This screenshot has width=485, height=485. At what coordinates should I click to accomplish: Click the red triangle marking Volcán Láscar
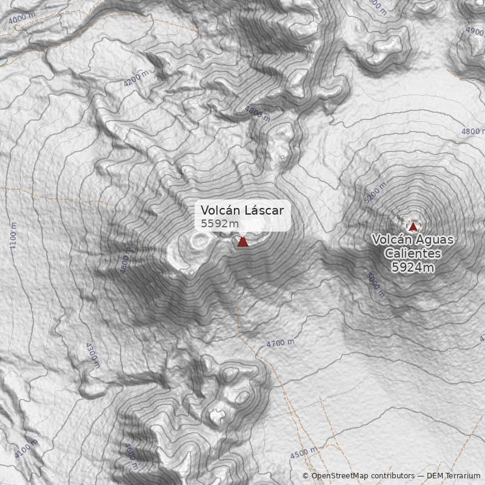tap(242, 241)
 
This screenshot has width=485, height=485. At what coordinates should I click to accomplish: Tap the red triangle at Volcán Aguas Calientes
tap(413, 227)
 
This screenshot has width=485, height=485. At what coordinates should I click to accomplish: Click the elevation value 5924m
tap(412, 267)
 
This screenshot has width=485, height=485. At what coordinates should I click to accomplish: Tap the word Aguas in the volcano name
tap(432, 240)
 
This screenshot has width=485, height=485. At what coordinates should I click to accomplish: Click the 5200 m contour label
tap(374, 193)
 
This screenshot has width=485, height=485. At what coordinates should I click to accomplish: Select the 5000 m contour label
tap(375, 284)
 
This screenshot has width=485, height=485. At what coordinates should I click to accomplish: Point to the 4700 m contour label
tap(280, 344)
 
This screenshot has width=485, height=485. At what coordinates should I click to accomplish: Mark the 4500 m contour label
tap(304, 453)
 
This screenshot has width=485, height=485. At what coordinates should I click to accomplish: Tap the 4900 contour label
tap(475, 31)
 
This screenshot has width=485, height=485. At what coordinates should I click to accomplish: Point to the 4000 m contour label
tap(22, 18)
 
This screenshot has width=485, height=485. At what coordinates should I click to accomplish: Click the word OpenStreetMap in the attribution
tap(337, 476)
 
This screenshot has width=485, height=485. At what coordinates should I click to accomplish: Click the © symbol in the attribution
tap(306, 476)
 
